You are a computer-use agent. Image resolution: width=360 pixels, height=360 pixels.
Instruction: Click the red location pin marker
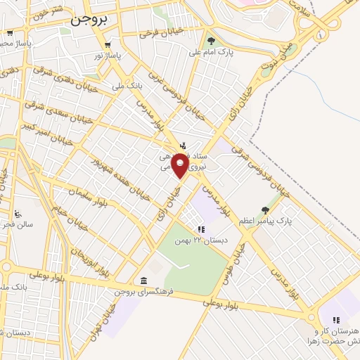tap(181, 167)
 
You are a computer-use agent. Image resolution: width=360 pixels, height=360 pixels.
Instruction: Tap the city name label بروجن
tap(87, 21)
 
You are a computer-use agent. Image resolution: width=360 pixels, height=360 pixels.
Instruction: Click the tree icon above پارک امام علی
tap(211, 41)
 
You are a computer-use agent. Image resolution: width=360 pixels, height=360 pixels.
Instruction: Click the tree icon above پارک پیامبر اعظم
tap(264, 210)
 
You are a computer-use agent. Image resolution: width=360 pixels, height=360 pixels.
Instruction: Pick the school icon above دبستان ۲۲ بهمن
tap(201, 229)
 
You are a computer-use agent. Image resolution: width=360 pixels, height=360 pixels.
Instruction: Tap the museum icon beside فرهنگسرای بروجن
tap(144, 281)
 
